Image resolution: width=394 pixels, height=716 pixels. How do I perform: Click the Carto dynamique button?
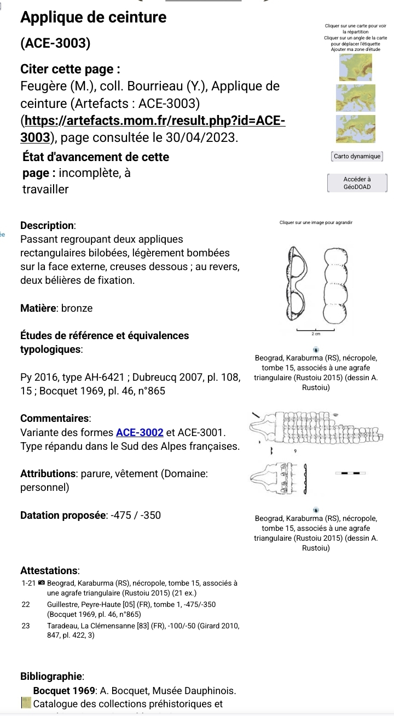357,156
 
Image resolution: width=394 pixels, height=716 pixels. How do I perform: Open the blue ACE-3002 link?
140,432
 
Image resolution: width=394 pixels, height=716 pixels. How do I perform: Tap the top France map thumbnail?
356,68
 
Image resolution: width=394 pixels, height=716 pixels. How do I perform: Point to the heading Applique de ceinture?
93,18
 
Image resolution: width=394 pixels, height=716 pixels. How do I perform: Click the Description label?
48,225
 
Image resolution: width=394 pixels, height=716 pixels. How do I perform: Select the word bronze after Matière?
77,308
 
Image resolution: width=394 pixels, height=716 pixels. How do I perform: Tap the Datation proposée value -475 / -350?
135,515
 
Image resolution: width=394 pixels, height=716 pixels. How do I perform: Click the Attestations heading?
50,570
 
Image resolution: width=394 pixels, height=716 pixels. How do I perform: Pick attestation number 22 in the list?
25,604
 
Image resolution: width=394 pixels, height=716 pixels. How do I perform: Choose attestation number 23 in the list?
25,625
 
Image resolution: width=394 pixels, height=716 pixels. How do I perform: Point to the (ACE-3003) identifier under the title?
55,43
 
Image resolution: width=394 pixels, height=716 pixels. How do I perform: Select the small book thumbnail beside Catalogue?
26,703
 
